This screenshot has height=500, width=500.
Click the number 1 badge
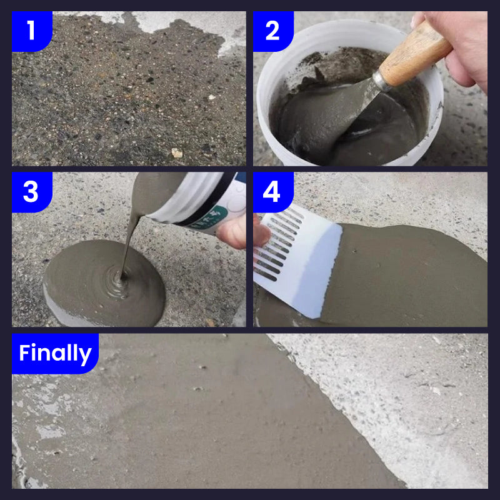31,30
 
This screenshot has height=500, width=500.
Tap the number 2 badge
272,30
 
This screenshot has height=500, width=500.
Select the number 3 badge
31,192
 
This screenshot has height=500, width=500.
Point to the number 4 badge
272,192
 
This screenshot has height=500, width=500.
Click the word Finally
55,354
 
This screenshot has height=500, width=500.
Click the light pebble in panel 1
177,152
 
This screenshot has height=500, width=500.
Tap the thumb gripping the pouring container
233,231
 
